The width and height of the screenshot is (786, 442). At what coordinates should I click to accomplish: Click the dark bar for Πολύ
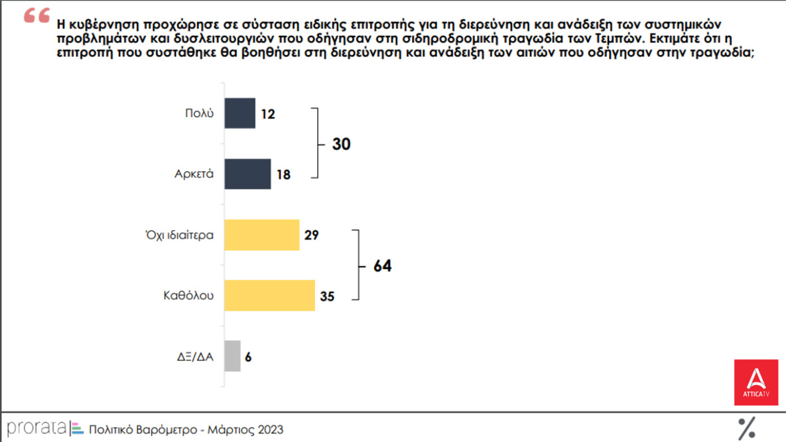pos(240,113)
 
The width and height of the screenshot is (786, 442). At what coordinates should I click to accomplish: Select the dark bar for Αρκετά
pos(247,174)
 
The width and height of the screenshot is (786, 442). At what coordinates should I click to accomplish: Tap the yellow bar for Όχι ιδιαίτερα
pos(262,235)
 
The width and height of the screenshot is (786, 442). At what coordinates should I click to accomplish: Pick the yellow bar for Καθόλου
pos(269,295)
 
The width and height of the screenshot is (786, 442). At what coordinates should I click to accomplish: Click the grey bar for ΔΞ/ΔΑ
pos(232,356)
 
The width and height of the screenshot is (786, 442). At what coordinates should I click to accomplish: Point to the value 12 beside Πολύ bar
pos(268,114)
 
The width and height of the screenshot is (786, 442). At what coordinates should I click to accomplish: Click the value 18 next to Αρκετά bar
pos(283,174)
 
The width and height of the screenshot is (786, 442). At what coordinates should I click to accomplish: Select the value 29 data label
pos(312,235)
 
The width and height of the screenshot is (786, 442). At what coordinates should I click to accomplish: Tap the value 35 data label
pos(327,296)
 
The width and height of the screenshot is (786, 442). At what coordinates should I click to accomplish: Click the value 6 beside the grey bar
pos(248,356)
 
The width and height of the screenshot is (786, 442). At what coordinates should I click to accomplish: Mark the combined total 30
pos(341,144)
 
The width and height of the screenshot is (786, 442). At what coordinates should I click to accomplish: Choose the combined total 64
pos(382,266)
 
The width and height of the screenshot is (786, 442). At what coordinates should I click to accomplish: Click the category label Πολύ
pos(199,113)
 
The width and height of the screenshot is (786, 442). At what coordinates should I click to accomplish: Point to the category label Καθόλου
pos(188,295)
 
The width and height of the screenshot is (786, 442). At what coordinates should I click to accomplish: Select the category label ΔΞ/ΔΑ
pos(195,356)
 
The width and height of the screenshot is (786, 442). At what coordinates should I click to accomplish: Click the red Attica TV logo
pos(755,382)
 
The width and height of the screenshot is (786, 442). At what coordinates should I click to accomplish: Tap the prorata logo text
pos(37,428)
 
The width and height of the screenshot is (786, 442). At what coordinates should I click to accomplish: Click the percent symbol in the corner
pos(747,428)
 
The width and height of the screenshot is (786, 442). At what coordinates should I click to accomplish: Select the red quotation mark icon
pos(37,16)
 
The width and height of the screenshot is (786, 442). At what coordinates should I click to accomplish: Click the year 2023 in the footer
pos(270,430)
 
